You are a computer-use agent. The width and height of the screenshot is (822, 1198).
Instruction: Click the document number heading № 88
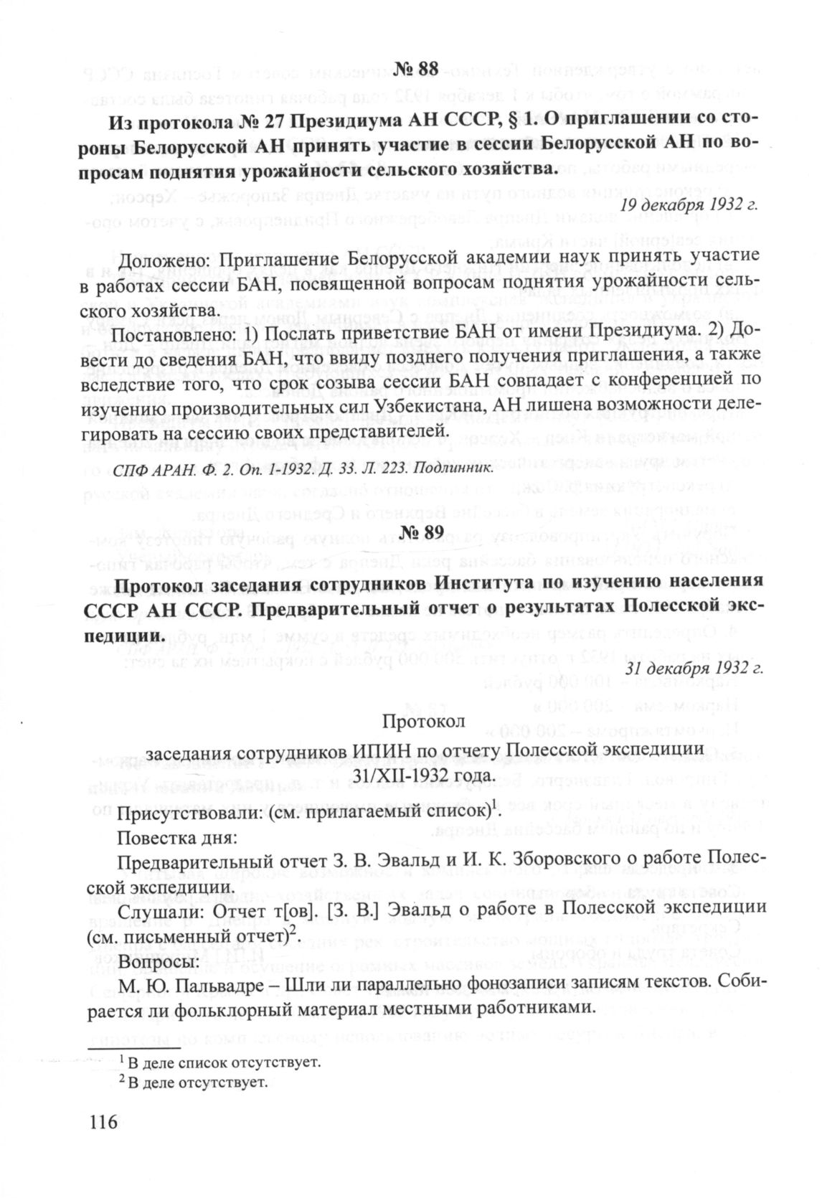pyautogui.click(x=415, y=70)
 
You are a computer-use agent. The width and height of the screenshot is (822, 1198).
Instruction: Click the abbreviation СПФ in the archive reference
pyautogui.click(x=127, y=470)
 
